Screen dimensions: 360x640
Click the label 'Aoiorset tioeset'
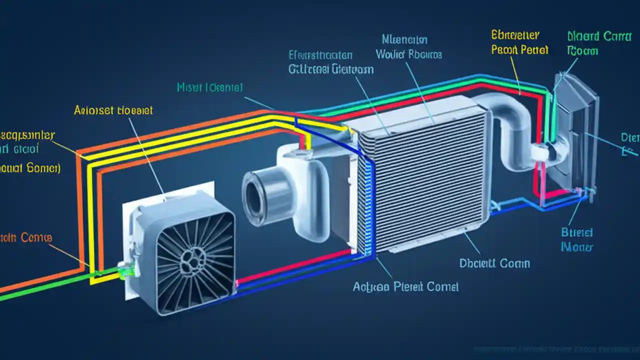(x=113, y=110)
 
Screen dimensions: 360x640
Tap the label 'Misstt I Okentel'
(x=210, y=87)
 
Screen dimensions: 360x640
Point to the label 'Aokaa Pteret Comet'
(x=405, y=286)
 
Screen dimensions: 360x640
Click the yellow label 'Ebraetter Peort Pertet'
(x=520, y=42)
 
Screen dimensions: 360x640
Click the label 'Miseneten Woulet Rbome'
(x=408, y=46)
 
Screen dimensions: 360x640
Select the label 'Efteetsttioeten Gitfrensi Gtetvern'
(x=330, y=62)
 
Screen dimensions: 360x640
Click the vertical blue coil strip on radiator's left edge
(x=368, y=205)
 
